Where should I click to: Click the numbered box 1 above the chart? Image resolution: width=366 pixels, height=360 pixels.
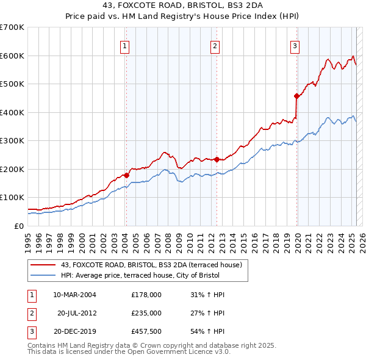point(124,45)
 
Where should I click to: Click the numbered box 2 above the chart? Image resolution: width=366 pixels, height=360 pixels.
point(215,45)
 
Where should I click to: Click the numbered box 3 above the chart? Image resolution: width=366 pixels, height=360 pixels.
point(295,45)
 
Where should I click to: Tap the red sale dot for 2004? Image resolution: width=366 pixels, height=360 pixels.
point(126,175)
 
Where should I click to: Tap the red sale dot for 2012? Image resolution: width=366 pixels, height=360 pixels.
point(217,159)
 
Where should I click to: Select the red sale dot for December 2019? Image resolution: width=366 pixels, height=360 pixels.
point(296,96)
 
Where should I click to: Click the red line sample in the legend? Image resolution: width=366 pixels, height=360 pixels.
point(43,265)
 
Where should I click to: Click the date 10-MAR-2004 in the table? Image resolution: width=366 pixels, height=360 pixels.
point(74,295)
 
